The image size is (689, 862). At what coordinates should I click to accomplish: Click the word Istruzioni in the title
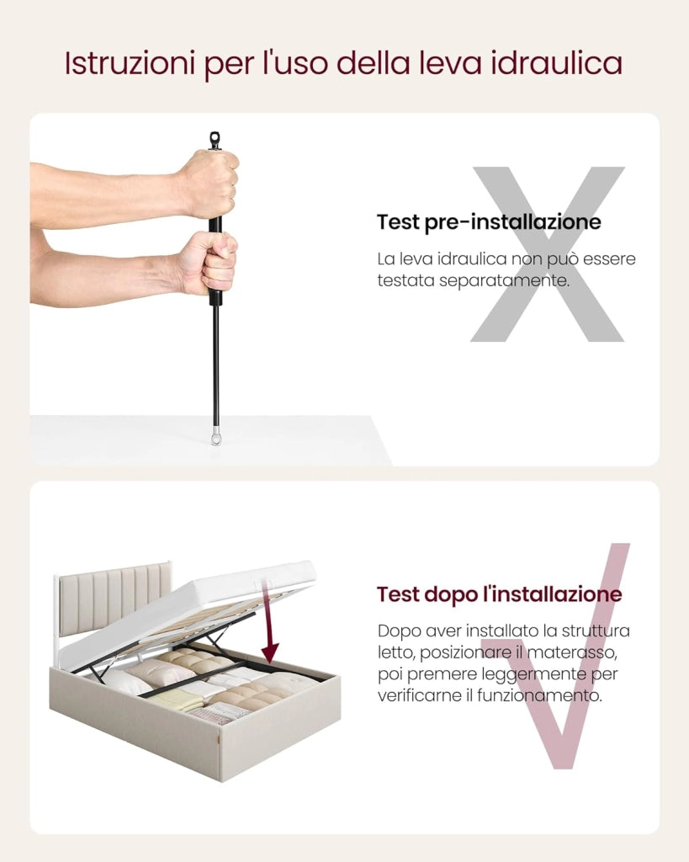click(x=130, y=62)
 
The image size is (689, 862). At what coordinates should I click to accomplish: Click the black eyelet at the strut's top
click(x=215, y=141)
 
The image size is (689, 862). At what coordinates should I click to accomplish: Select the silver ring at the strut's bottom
click(x=215, y=439)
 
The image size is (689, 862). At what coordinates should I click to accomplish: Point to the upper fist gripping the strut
click(x=212, y=184)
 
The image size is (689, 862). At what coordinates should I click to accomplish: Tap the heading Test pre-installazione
click(x=489, y=222)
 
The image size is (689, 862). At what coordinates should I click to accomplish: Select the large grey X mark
click(x=547, y=253)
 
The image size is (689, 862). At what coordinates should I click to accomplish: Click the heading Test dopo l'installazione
click(x=500, y=594)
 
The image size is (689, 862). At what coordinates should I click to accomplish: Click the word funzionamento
click(x=539, y=696)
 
